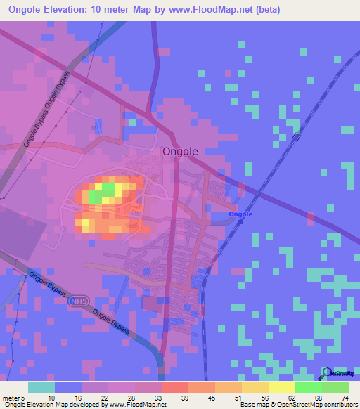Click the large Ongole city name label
coord(180,151)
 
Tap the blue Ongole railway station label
coord(240,214)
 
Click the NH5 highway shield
coord(79,301)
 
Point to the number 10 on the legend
coord(51,398)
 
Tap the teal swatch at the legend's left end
coord(41,387)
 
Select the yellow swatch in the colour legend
coord(281,387)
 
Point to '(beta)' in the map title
coord(266,10)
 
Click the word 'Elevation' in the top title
coord(72,10)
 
